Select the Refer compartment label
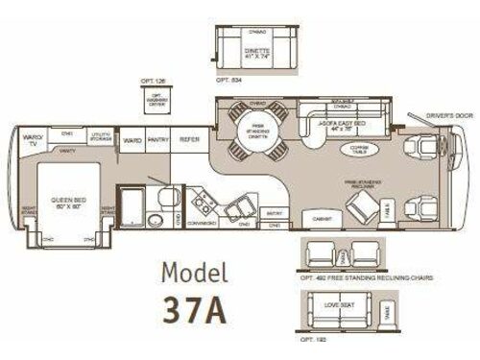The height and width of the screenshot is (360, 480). (x=189, y=140)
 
